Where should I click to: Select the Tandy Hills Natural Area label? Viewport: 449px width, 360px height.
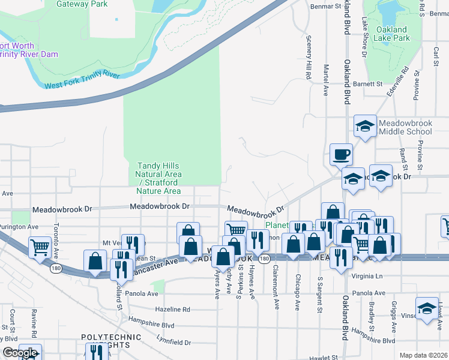coord(158,178)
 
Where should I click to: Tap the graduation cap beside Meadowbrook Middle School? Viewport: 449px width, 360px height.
coord(364,126)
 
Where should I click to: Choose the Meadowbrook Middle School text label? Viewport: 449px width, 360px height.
coord(405,127)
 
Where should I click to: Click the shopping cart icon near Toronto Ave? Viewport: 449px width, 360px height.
coord(40,246)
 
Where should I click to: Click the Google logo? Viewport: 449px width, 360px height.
coord(20,353)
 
